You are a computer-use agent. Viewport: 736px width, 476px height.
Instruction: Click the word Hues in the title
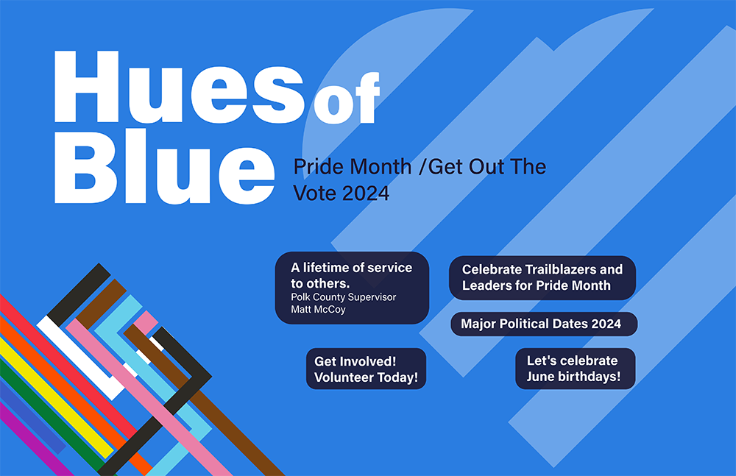179,87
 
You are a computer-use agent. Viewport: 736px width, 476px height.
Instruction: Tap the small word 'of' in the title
347,98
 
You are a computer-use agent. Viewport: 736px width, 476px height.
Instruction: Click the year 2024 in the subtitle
366,193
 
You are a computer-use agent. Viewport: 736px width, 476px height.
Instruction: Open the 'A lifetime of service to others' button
352,288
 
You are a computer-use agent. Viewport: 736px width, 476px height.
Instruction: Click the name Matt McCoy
318,309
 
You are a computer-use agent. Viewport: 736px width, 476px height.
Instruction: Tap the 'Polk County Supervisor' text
344,297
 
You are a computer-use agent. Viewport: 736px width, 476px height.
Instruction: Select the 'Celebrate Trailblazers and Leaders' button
542,278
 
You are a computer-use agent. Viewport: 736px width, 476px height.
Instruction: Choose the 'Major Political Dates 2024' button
544,324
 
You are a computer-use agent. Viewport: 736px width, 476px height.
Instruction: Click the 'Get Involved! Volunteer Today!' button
366,369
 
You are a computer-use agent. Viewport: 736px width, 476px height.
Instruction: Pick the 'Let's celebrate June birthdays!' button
576,369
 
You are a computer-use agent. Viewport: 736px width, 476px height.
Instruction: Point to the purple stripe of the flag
35,439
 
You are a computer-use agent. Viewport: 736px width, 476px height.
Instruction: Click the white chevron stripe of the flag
79,358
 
